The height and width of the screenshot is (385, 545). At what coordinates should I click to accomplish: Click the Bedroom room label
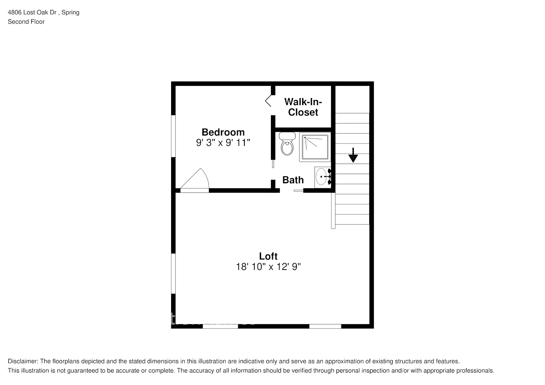coord(223,132)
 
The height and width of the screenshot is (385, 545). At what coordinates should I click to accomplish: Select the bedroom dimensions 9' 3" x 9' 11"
coord(223,143)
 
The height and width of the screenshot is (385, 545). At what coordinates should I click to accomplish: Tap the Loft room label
coord(268,256)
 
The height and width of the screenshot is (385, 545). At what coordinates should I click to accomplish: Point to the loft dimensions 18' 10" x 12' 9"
coord(268,267)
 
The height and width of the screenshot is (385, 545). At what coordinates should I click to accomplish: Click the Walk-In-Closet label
coord(303,107)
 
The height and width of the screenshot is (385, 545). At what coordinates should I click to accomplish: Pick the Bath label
coord(293,180)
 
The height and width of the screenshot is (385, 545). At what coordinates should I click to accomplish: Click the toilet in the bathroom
coord(287,144)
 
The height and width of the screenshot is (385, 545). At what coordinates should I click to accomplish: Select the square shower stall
coord(315,147)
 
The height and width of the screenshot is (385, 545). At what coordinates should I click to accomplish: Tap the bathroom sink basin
coord(321,177)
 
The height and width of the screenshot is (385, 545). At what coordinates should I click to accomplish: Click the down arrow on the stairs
coord(353,155)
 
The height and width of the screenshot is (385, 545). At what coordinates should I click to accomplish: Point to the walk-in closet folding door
coord(269,101)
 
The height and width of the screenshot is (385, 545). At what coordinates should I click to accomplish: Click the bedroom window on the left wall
coord(173,136)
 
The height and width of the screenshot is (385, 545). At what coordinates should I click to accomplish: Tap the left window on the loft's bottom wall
coord(220,326)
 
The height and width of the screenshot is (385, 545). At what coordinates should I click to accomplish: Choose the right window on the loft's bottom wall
coord(325,326)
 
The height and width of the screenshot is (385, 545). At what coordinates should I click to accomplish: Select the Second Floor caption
coord(26,22)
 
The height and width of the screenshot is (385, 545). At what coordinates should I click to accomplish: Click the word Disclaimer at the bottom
coord(23,361)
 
